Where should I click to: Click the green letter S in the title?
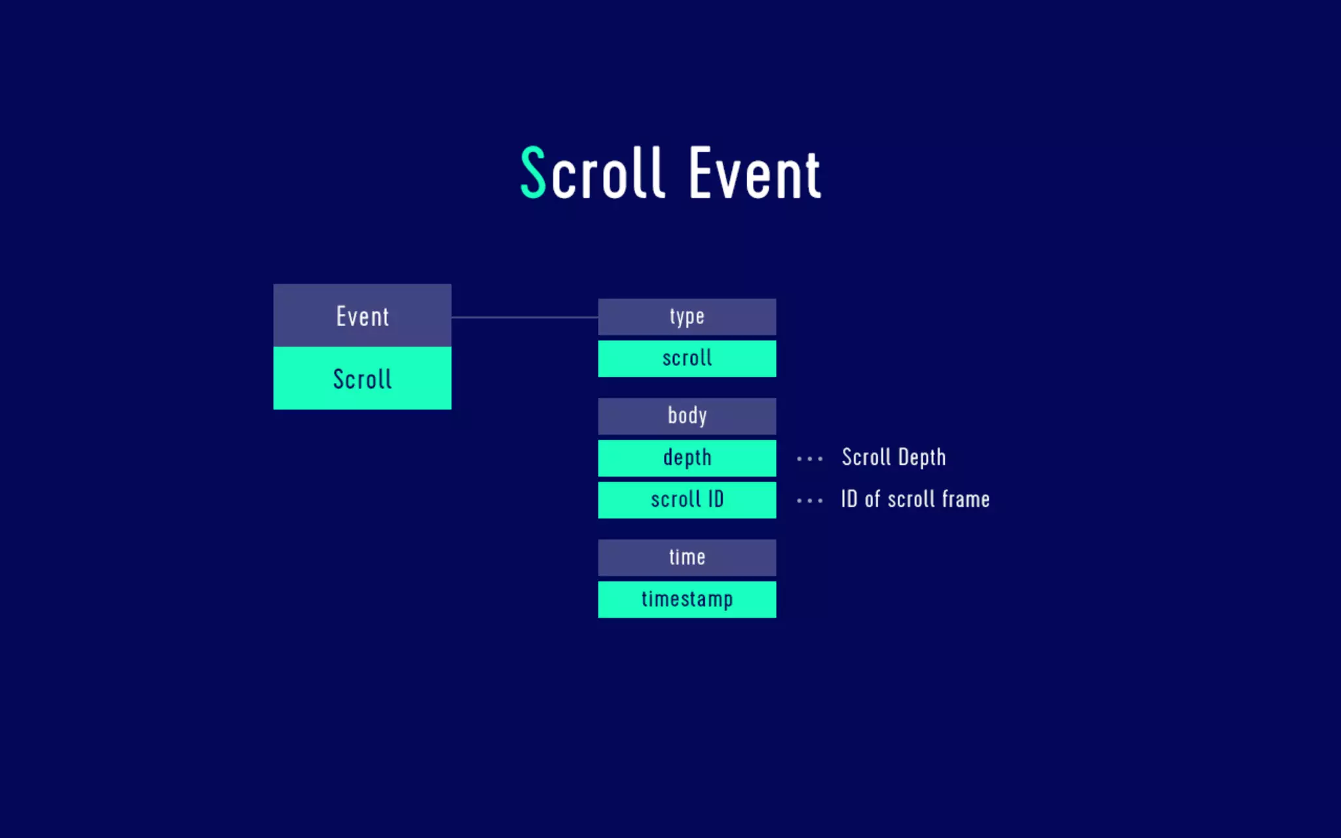point(533,172)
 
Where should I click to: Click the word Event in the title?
point(754,173)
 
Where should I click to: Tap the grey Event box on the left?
point(362,316)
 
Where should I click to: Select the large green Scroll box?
point(362,378)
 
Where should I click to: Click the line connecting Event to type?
point(524,318)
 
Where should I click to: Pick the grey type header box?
point(687,317)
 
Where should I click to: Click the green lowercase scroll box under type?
point(687,359)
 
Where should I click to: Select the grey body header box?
point(687,416)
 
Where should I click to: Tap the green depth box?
point(687,458)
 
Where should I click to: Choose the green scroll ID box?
point(687,500)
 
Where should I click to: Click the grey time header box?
point(687,558)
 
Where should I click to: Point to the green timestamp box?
point(687,600)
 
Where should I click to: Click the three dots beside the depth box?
point(809,459)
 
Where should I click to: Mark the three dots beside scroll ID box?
point(809,501)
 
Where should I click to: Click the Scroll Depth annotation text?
point(894,458)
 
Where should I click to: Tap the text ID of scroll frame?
point(915,500)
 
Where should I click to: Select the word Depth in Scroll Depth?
point(922,458)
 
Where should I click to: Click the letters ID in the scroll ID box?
point(716,500)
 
